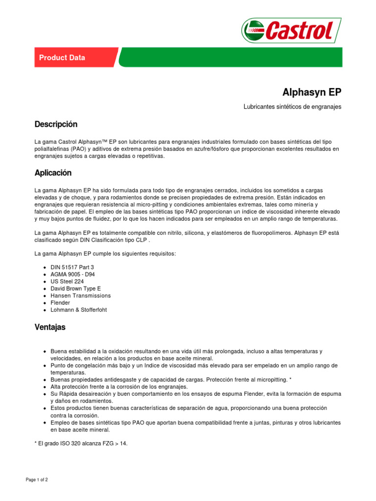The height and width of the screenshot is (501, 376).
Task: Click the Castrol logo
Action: tap(291, 30)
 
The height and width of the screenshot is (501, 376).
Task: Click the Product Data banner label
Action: tap(62, 58)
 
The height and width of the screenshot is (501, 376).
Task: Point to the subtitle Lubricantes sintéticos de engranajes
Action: tap(292, 107)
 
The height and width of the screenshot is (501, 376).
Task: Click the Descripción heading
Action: tap(56, 124)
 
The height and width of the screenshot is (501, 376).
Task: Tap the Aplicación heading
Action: tap(53, 173)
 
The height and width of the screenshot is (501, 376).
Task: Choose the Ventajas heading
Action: tap(50, 327)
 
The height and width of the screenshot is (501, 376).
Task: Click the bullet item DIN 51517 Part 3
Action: tap(72, 268)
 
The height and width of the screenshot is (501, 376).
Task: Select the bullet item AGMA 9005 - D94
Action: tap(73, 274)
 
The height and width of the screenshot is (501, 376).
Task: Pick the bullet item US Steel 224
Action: tap(67, 282)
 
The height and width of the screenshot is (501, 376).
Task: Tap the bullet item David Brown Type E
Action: tap(75, 289)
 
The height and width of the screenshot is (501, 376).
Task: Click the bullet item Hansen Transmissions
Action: tap(80, 296)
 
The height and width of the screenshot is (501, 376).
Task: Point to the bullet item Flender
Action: tap(60, 303)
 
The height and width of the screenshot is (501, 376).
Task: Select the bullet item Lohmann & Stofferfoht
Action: tap(78, 310)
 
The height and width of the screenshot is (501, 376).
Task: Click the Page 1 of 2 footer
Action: tap(37, 480)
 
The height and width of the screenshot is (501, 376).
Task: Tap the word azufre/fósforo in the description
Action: tap(208, 149)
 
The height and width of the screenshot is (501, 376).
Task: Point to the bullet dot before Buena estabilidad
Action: tap(45, 352)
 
